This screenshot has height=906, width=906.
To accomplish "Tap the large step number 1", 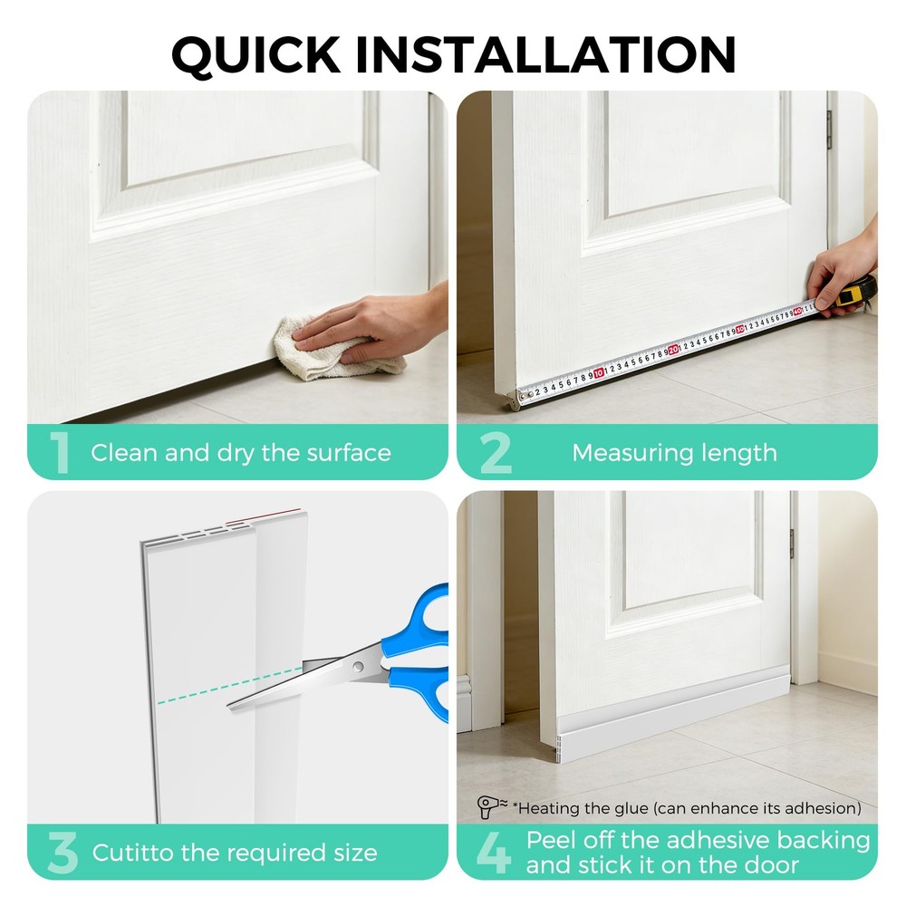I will coord(61,454).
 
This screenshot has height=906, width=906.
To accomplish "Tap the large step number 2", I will coord(495,454).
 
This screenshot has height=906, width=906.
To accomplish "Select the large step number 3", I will coord(62,853).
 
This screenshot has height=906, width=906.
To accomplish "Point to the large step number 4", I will coord(494,853).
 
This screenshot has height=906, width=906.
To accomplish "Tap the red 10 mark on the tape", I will coord(599,371).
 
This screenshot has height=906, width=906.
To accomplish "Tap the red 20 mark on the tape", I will coord(673,349).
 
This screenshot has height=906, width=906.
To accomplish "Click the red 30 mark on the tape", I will coord(739,329).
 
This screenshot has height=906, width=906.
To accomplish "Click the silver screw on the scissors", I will coord(359,668).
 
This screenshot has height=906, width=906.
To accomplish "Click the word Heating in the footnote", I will coord(550,807).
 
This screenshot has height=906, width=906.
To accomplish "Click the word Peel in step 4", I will coord(553,840).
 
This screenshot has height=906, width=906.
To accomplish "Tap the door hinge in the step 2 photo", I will coord(829,129).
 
